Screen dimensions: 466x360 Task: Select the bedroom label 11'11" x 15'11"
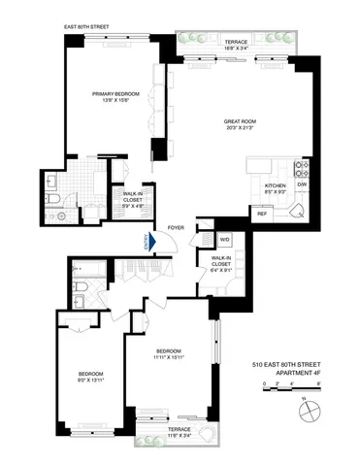click(x=169, y=356)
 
